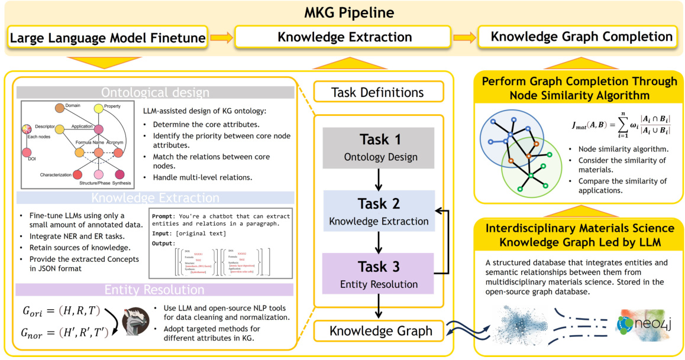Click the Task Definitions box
378,92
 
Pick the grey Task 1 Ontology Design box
378,148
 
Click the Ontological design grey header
155,92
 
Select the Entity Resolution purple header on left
155,289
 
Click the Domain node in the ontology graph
60,108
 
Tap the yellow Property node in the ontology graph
99,108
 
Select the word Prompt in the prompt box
163,216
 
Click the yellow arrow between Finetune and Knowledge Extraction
221,38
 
